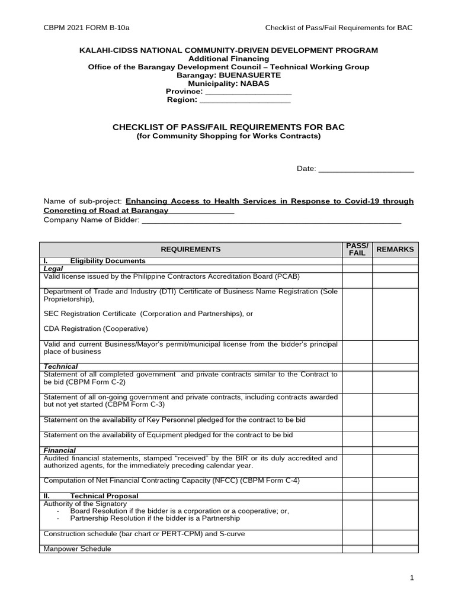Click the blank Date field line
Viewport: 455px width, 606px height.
[x=366, y=170]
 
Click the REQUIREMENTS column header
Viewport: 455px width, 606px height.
[x=191, y=250]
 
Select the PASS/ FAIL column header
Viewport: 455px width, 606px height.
[x=357, y=249]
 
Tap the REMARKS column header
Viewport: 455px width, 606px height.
[x=395, y=250]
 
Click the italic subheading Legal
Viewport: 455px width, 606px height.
[x=53, y=269]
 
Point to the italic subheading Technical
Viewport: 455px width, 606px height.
[x=61, y=367]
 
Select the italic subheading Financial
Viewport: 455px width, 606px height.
[x=60, y=450]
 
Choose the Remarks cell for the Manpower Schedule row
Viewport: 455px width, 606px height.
[x=395, y=549]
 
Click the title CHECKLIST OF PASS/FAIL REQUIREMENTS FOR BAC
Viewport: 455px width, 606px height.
[x=229, y=127]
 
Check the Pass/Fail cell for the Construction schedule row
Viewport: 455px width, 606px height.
[x=357, y=534]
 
